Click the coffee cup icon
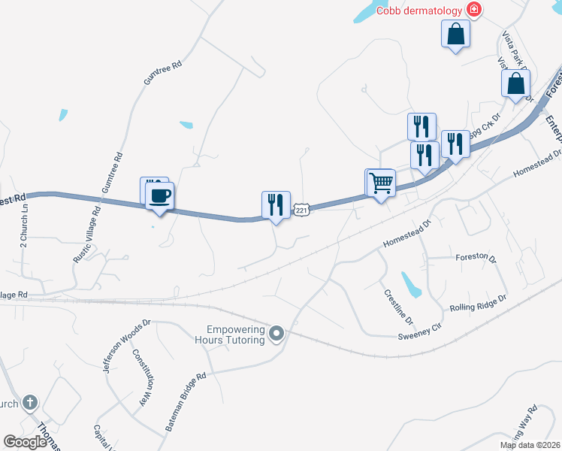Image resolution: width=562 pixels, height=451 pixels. click(159, 197)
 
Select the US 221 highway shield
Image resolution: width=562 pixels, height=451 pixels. click(301, 210)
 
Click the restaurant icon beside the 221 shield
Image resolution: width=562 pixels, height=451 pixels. click(276, 205)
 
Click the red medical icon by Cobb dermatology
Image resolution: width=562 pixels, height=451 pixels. click(475, 10)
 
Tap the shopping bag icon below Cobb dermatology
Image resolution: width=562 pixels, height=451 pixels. click(455, 34)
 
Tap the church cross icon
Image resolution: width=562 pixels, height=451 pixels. click(30, 402)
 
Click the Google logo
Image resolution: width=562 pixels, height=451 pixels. click(26, 442)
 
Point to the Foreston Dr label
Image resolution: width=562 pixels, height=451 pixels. click(476, 257)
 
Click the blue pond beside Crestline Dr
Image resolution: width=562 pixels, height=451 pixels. click(412, 284)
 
